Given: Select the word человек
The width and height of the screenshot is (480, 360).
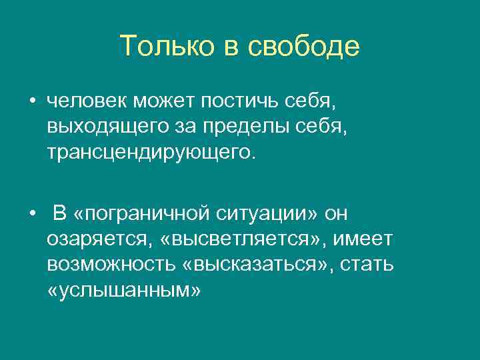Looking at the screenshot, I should (x=87, y=101).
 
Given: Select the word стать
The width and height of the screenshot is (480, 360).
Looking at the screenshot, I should (x=367, y=264).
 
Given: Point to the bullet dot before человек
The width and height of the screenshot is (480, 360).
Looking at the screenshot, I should (x=32, y=102).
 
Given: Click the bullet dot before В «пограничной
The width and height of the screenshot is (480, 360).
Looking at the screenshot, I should (x=32, y=214).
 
